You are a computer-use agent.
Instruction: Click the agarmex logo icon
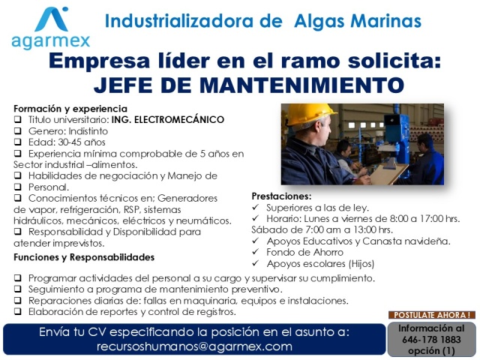(x=52, y=19)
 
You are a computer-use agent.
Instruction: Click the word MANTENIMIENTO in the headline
(x=302, y=85)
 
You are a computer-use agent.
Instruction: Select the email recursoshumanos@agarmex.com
(x=194, y=346)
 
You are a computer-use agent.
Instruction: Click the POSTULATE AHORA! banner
(x=432, y=315)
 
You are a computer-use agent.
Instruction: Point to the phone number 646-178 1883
(x=431, y=340)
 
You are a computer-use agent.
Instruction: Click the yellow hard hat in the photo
(x=308, y=114)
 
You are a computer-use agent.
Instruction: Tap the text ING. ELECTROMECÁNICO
(x=168, y=120)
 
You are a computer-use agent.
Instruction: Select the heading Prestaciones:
(x=281, y=196)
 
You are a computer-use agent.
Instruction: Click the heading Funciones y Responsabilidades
(x=84, y=257)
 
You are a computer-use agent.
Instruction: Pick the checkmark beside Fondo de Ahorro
(x=256, y=252)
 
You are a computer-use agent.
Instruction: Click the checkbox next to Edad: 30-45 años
(x=18, y=142)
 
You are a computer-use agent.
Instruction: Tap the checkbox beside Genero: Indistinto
(x=18, y=131)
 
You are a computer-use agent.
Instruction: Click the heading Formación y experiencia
(x=70, y=109)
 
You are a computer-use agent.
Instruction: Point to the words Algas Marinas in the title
(x=358, y=21)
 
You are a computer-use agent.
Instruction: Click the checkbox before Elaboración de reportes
(x=18, y=312)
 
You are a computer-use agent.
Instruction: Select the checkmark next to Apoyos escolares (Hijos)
(x=256, y=263)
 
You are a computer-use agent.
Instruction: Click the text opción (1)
(x=431, y=351)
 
